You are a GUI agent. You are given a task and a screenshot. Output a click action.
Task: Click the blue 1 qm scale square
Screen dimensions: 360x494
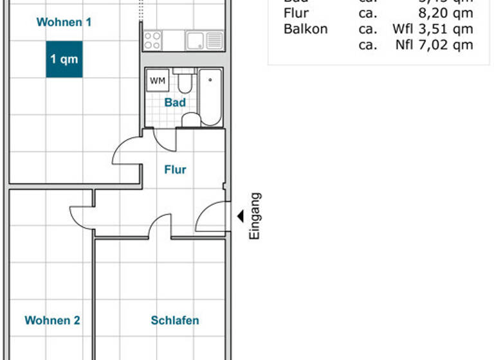(x=64, y=59)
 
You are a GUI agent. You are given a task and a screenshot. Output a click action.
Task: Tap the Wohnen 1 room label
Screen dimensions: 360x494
(x=64, y=22)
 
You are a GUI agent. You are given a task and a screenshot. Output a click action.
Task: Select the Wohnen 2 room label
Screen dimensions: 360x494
(x=52, y=320)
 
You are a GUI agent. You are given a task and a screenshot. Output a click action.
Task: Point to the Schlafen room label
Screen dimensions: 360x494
(x=175, y=320)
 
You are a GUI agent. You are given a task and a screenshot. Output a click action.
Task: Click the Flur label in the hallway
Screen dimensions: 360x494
(x=175, y=170)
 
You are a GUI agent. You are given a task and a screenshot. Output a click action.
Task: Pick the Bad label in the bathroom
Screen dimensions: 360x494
(x=175, y=102)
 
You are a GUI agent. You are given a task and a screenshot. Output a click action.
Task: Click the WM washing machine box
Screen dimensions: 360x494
(x=156, y=81)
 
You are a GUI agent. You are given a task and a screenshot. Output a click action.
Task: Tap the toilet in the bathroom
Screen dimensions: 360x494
(x=186, y=82)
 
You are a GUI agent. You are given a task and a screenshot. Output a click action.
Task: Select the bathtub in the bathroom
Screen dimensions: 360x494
(x=210, y=97)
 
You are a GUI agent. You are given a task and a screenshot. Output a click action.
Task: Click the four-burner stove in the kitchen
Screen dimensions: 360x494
(x=152, y=40)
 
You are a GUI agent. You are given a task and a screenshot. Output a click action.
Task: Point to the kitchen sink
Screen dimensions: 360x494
(x=196, y=40)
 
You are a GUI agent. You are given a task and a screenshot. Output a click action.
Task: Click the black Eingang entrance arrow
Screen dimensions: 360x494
(x=240, y=217)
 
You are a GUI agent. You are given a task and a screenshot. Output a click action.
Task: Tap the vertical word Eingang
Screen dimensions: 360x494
(x=255, y=217)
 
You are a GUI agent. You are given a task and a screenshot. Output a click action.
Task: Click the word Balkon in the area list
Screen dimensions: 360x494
(x=306, y=29)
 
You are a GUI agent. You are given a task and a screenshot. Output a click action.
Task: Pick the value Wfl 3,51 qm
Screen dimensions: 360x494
(x=432, y=29)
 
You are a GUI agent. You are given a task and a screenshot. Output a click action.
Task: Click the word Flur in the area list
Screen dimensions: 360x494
(x=296, y=14)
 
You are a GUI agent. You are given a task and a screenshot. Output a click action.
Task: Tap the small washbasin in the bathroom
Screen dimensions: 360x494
(x=191, y=120)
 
